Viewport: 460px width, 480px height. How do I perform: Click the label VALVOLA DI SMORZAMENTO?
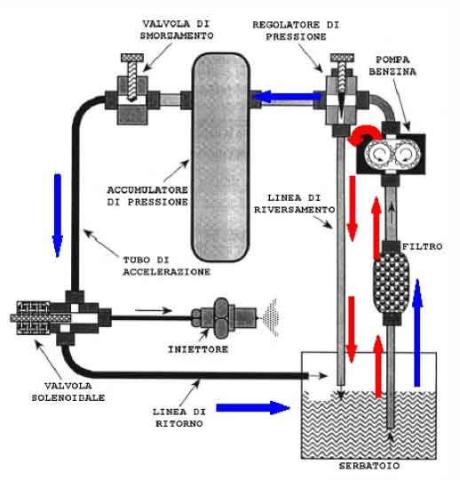tap(177, 29)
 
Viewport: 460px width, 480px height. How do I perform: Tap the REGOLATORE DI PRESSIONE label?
tap(296, 30)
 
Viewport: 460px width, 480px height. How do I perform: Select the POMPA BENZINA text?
tap(393, 66)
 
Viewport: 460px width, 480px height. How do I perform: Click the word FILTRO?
tap(423, 246)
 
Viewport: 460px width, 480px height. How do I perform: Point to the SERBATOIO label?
tap(369, 466)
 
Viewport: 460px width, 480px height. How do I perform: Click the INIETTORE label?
tap(198, 349)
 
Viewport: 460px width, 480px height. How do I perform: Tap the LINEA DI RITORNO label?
tap(179, 418)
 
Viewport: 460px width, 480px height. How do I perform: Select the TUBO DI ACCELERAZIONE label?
tap(167, 266)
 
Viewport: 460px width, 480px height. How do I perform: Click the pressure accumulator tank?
tap(220, 157)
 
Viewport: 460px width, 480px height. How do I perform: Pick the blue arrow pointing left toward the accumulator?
tap(287, 97)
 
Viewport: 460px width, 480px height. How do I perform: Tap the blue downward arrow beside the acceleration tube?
tap(58, 215)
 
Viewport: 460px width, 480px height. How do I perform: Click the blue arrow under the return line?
tap(252, 408)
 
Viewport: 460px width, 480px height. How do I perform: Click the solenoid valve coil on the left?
tap(33, 318)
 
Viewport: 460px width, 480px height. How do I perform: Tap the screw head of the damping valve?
tap(132, 58)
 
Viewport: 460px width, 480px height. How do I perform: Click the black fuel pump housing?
tap(391, 154)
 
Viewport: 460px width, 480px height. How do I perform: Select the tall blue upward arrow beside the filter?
tap(417, 332)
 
